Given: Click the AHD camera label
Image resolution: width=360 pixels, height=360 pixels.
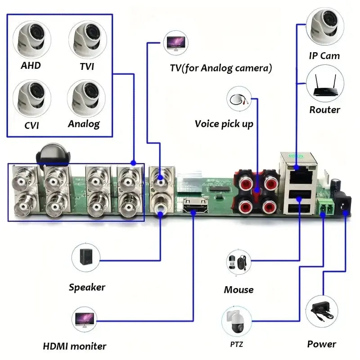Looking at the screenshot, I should click(x=31, y=66).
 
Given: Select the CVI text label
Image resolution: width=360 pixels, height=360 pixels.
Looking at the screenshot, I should click(x=31, y=125).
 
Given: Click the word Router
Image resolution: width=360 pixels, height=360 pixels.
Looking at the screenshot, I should click(x=324, y=110).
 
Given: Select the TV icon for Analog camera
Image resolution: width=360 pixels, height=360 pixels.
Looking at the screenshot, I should click(x=175, y=43).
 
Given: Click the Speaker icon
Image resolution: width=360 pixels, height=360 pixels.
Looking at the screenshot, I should click(x=86, y=258).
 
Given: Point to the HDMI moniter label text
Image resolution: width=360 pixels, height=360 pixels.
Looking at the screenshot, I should click(x=75, y=346).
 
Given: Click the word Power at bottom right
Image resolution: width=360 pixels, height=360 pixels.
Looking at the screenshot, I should click(x=321, y=344).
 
